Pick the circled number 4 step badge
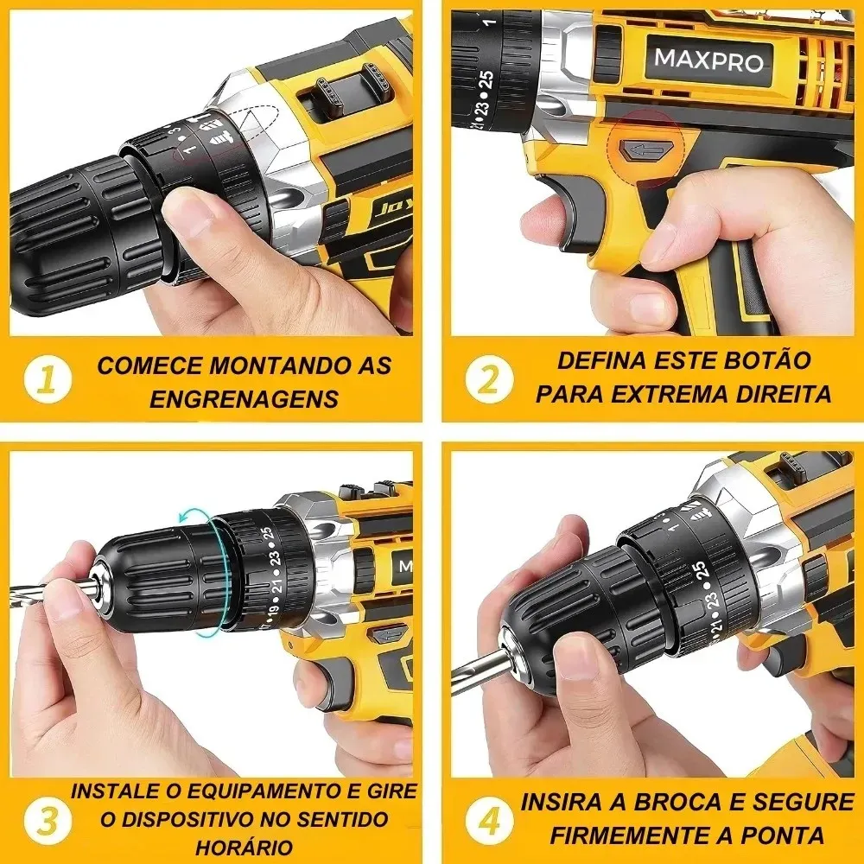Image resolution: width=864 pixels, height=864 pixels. [489, 817]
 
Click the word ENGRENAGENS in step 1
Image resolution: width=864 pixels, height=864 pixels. [244, 398]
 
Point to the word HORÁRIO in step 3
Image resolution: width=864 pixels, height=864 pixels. [244, 847]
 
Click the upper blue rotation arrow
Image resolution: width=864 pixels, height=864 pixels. [195, 517]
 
